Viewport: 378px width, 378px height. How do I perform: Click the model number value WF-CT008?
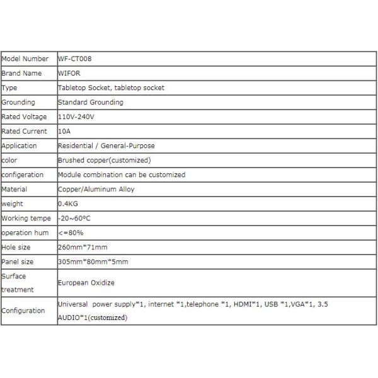75,59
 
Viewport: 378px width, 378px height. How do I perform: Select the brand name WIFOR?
69,73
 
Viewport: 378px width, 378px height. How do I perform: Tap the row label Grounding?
18,102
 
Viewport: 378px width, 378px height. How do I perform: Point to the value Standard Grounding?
90,102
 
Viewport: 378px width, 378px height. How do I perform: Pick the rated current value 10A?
64,131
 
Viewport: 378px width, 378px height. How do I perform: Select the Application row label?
20,146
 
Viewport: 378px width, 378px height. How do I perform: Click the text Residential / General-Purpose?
105,146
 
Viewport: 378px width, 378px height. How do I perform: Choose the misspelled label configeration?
23,175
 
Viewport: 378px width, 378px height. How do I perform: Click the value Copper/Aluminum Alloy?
96,189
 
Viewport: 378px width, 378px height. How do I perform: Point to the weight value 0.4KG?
67,203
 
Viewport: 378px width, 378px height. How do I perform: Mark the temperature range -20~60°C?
75,218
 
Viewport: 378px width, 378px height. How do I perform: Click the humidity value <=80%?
70,232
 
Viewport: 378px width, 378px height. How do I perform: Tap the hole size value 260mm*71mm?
83,247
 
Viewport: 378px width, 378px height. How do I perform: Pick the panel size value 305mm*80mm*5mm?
93,261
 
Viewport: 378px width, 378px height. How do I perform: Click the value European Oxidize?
86,283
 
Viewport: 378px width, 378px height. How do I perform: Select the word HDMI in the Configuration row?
241,304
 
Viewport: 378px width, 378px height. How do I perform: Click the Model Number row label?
25,59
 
